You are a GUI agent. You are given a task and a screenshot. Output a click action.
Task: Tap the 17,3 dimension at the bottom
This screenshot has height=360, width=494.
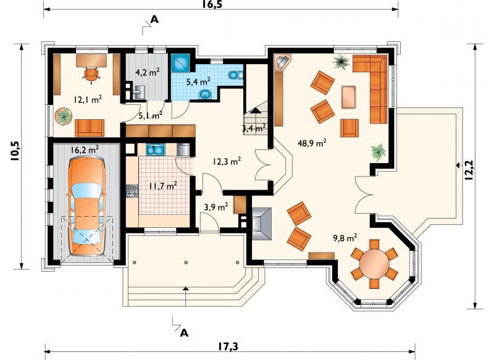tap(228, 346)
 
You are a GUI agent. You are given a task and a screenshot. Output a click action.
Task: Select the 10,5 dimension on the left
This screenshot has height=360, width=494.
tap(15, 151)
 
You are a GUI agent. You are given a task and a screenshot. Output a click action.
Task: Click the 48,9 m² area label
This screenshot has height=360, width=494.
tap(312, 143)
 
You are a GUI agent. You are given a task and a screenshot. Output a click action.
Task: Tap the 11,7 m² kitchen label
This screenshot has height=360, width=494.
tap(163, 186)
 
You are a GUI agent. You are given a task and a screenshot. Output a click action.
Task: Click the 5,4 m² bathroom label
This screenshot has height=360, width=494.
tap(198, 82)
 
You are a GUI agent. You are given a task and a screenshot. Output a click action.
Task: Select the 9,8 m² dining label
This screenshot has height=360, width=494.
tap(345, 238)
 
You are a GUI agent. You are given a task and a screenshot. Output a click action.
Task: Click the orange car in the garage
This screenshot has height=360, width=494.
tap(86, 206)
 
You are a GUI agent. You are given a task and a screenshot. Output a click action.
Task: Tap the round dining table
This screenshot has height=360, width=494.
tap(375, 264)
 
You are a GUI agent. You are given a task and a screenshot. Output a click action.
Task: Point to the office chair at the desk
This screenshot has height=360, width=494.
tap(91, 75)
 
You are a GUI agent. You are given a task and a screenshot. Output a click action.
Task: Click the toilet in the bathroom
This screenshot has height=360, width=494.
tap(235, 75)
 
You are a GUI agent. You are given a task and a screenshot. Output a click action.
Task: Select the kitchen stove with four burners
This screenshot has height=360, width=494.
tap(132, 191)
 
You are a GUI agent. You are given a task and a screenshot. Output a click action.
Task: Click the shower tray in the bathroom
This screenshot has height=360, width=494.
tap(180, 64)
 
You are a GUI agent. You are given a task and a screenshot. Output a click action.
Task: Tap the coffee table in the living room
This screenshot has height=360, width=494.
tap(349, 97)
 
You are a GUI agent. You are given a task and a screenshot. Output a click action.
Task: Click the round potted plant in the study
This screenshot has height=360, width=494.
tap(64, 116)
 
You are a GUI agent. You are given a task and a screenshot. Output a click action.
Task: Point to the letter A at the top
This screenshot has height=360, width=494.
tap(154, 20)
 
